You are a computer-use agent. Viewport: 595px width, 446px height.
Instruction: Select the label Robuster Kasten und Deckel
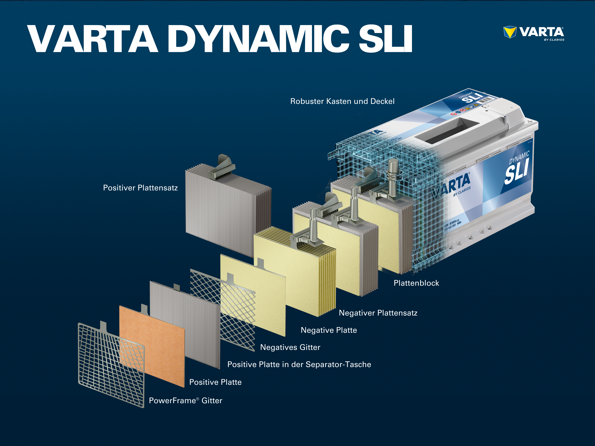click(342, 101)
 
